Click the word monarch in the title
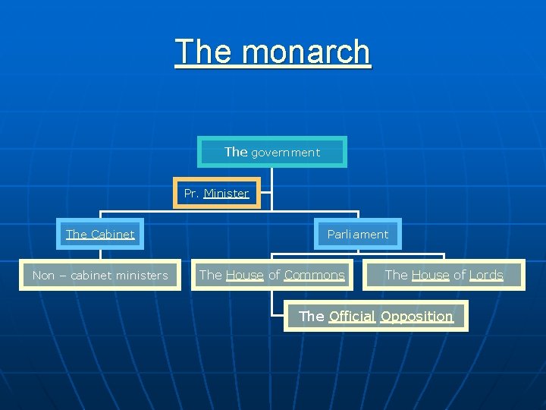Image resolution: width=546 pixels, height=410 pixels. click(307, 52)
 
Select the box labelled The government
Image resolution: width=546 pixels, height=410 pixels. click(272, 152)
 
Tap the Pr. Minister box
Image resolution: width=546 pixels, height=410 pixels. click(217, 194)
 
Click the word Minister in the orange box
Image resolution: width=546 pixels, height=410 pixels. click(226, 194)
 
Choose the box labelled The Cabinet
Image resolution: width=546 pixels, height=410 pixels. click(100, 235)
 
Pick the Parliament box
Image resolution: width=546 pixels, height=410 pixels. click(358, 235)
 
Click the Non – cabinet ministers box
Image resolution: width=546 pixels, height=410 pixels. click(100, 276)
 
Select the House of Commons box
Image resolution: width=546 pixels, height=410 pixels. click(271, 276)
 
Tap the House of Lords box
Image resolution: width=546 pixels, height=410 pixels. click(444, 276)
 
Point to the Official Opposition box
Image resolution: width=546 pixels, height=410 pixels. click(376, 317)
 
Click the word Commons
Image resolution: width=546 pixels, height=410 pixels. click(314, 276)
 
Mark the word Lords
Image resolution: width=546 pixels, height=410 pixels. click(486, 276)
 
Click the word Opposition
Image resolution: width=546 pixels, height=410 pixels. click(416, 317)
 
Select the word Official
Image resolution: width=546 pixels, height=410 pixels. click(352, 317)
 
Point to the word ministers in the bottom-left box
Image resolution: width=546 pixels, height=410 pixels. click(143, 276)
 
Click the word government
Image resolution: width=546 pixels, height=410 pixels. click(285, 153)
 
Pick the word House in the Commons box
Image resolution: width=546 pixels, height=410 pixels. click(245, 276)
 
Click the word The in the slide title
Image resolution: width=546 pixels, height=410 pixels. click(201, 52)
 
